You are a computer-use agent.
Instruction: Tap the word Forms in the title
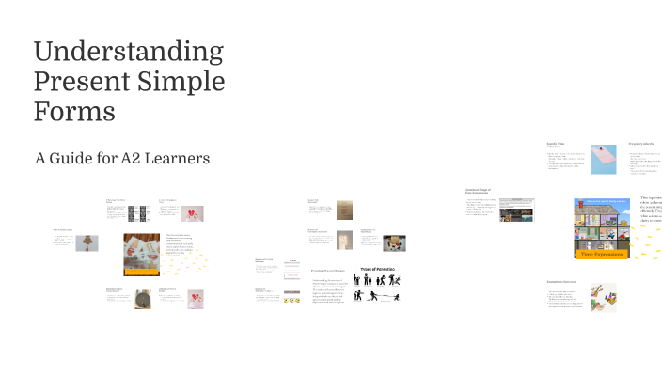pos(74,112)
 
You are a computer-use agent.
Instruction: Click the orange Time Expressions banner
pos(601,255)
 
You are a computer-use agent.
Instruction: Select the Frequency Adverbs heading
pos(644,143)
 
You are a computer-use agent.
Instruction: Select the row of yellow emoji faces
pos(292,300)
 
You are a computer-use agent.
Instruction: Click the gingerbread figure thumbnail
pos(87,242)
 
